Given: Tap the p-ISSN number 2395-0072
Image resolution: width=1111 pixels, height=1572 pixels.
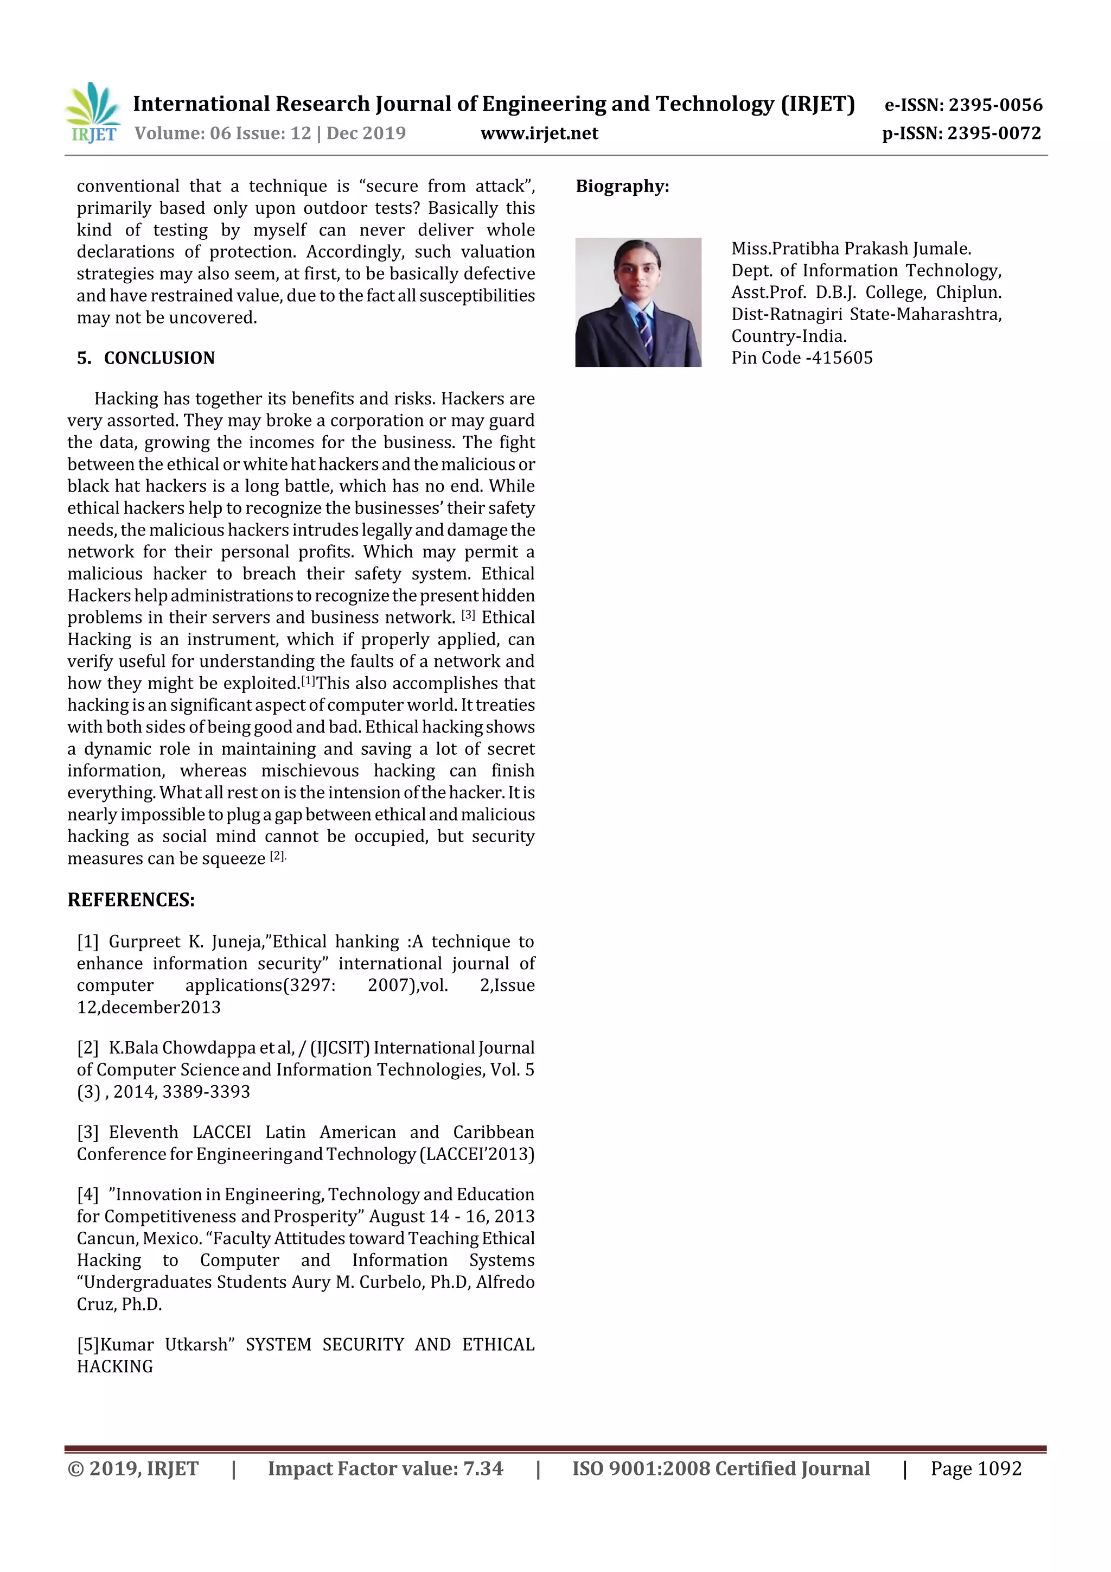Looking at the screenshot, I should (x=994, y=133).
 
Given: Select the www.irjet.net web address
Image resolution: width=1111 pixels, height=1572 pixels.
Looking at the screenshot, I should (x=539, y=133).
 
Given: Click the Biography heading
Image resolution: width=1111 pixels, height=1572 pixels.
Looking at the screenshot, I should (x=622, y=186).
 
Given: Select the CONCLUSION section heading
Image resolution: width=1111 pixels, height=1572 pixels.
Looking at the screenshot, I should (x=159, y=358).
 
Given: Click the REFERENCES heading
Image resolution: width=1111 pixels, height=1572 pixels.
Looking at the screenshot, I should (x=131, y=900).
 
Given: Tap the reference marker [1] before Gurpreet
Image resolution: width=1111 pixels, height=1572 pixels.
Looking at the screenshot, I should (x=88, y=941).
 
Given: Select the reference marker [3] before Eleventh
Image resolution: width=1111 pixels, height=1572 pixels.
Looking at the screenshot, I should (x=88, y=1132).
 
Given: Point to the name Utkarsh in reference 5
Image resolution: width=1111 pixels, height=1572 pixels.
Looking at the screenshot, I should (x=199, y=1344).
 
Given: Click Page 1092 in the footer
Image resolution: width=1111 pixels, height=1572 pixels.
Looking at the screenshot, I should (x=975, y=1468).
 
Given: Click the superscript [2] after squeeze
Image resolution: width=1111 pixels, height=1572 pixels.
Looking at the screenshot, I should (x=277, y=856).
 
